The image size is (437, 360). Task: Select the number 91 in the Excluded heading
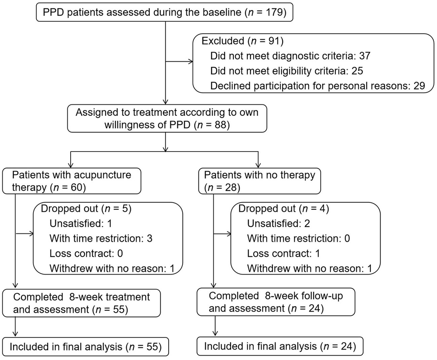(x=274, y=41)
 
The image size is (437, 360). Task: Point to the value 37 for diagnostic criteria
(x=365, y=56)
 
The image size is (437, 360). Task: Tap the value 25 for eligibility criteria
(x=357, y=71)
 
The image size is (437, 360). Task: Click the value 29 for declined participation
(x=419, y=86)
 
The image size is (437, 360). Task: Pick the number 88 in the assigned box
(x=220, y=125)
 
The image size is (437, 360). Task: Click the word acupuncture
(x=103, y=175)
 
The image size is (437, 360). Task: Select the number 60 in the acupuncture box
(x=77, y=187)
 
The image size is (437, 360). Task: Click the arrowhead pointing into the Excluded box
(x=190, y=62)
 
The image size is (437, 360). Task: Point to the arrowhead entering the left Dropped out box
(x=31, y=234)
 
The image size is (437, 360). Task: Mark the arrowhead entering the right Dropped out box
(x=229, y=234)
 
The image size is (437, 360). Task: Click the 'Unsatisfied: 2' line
(x=279, y=223)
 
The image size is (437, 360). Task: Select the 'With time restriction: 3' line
(x=101, y=238)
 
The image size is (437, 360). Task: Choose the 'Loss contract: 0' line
(x=86, y=253)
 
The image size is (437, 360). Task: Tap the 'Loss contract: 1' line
(x=283, y=253)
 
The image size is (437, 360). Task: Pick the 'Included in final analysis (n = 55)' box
(x=86, y=347)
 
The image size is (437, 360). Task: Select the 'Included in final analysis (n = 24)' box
(x=280, y=346)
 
